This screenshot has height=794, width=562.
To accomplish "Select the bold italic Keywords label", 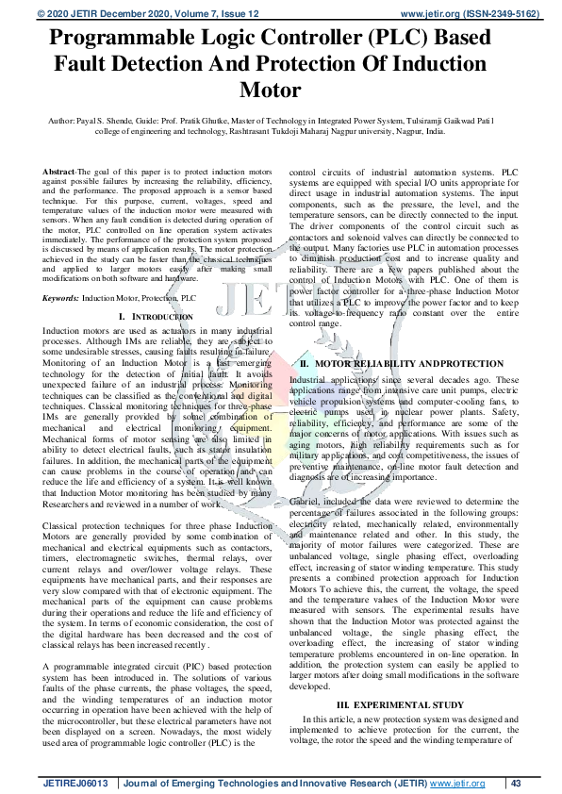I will (x=60, y=297).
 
